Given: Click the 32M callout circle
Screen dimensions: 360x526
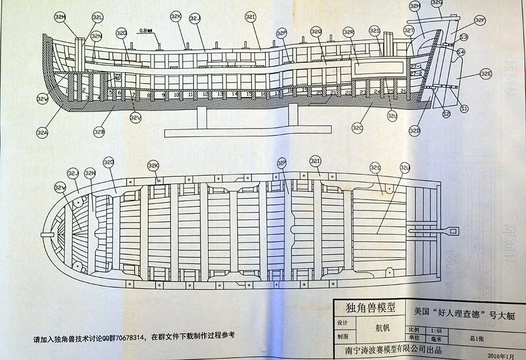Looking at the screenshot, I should point(60,17).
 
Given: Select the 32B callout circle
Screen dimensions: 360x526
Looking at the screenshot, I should point(99,131).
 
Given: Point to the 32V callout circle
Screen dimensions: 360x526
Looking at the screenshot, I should point(136,118).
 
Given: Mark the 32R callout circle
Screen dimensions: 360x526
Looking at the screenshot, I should point(349,32).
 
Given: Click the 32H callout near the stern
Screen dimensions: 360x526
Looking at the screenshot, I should point(415,6).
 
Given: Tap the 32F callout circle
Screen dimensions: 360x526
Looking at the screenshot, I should point(480,21).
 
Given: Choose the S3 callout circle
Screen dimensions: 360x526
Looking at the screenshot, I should point(463,37).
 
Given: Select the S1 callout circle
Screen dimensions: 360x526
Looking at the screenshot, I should point(464,108).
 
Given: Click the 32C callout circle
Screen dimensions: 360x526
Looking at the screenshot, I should point(358,127).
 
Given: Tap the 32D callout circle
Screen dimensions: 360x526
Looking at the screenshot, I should point(416,130).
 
